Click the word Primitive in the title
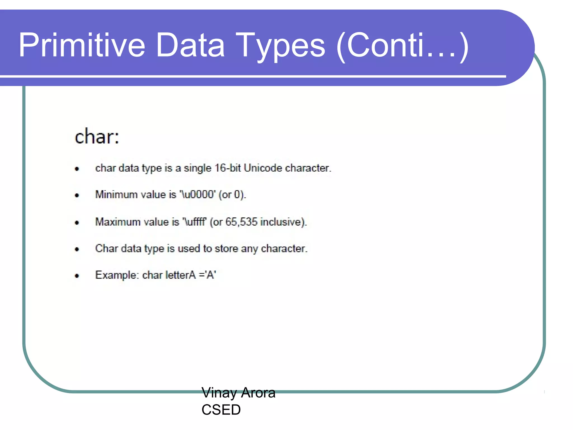(82, 45)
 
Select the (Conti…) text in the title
(402, 45)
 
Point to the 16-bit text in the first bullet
(227, 168)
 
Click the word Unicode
(263, 168)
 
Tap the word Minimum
(116, 195)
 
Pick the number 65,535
(241, 222)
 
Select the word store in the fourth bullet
(226, 249)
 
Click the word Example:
(117, 275)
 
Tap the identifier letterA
(180, 275)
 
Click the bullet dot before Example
(77, 276)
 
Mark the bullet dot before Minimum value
(77, 195)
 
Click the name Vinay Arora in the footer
(238, 392)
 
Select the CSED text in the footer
(221, 410)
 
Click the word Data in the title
(190, 45)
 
